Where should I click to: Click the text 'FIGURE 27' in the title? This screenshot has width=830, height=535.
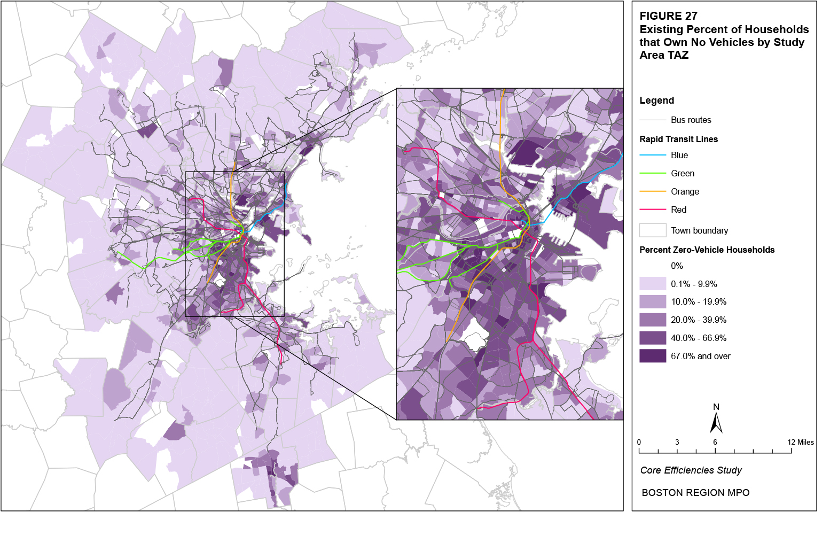(x=668, y=16)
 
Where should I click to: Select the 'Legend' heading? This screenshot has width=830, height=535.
(x=656, y=100)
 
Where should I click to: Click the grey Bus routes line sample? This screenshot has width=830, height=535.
(x=653, y=120)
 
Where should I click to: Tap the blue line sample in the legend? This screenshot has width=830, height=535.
(x=653, y=155)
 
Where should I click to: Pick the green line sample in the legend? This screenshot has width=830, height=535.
(x=653, y=173)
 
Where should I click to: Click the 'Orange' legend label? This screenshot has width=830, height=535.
(x=685, y=191)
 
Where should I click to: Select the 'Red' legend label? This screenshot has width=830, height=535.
(x=678, y=210)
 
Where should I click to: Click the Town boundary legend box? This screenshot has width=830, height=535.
(x=653, y=230)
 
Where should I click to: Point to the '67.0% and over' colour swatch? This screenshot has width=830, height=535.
(x=653, y=356)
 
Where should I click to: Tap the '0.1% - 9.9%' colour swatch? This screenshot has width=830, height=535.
(x=653, y=284)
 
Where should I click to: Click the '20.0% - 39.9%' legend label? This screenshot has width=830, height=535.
(x=699, y=320)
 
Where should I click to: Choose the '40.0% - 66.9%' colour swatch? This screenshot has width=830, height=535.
(x=653, y=338)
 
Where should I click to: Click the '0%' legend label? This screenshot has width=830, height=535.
(x=677, y=266)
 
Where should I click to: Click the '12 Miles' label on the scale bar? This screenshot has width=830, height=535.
(x=800, y=442)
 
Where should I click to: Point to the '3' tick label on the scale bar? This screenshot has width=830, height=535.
(x=677, y=442)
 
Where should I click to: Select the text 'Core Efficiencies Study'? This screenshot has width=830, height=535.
(x=691, y=470)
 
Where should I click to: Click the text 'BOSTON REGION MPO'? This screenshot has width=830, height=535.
(x=695, y=493)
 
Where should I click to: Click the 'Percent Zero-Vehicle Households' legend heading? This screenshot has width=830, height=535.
(x=707, y=250)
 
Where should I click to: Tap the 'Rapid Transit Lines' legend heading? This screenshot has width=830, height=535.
(x=678, y=139)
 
